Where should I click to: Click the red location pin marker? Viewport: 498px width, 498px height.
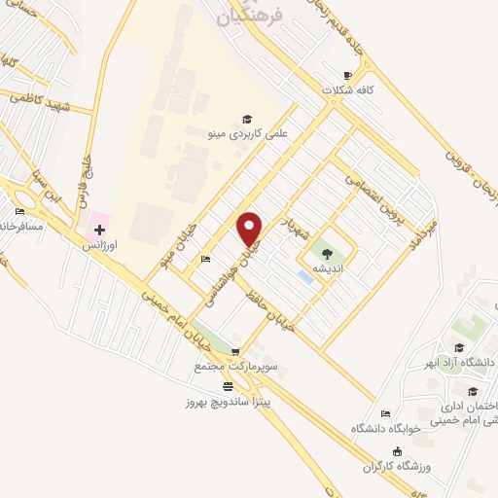click(x=250, y=229)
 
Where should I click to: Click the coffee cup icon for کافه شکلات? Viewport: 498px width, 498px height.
click(x=348, y=76)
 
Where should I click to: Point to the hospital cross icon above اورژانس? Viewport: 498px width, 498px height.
click(x=99, y=231)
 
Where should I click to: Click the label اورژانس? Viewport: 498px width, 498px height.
click(x=99, y=246)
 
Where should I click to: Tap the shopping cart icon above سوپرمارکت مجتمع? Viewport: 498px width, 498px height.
click(x=234, y=350)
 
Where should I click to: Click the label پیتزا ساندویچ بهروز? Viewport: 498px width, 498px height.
click(x=227, y=399)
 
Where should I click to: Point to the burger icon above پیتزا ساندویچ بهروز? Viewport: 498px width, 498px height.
click(x=228, y=385)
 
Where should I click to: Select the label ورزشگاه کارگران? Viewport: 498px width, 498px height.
click(x=397, y=466)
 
